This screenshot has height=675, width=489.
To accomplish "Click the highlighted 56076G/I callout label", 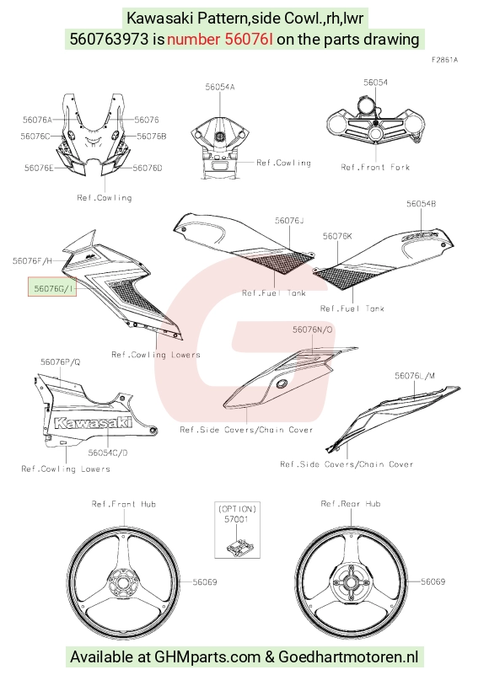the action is tap(52, 287).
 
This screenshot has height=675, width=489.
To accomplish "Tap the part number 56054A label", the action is tap(220, 87).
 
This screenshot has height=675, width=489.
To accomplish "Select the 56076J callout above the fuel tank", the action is tap(289, 221).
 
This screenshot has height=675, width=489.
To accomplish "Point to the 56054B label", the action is tap(421, 204).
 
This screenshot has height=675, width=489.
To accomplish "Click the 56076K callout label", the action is tap(337, 236).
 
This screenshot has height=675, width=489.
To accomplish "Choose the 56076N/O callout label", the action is tap(312, 329).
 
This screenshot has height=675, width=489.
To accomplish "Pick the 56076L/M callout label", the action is tap(415, 376).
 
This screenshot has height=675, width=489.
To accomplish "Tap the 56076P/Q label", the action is tap(61, 362).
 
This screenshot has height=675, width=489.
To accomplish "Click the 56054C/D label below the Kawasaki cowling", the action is tap(108, 453).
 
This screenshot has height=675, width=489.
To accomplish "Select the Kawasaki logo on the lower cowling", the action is tap(93, 423).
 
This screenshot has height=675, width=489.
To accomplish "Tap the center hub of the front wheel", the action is tap(123, 583).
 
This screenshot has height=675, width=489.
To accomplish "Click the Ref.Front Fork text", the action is tap(375, 167).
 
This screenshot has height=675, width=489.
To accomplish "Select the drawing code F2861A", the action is tap(444, 60).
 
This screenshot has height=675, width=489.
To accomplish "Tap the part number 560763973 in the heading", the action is tap(109, 39).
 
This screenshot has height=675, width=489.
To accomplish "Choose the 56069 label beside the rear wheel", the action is tap(433, 581).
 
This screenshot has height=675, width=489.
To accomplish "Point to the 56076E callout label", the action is tap(39, 168).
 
